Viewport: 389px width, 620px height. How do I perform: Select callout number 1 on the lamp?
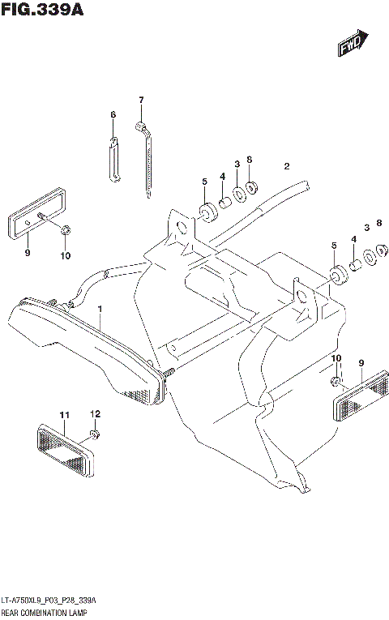point(100,310)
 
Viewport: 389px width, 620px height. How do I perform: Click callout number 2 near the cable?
point(286,167)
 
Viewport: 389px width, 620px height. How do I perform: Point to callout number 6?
point(113,115)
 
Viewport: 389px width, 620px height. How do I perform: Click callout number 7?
point(140,100)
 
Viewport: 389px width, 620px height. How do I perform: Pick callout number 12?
point(95,414)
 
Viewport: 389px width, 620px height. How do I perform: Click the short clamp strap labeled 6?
point(114,160)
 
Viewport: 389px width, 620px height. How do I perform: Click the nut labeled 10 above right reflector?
point(334,380)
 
